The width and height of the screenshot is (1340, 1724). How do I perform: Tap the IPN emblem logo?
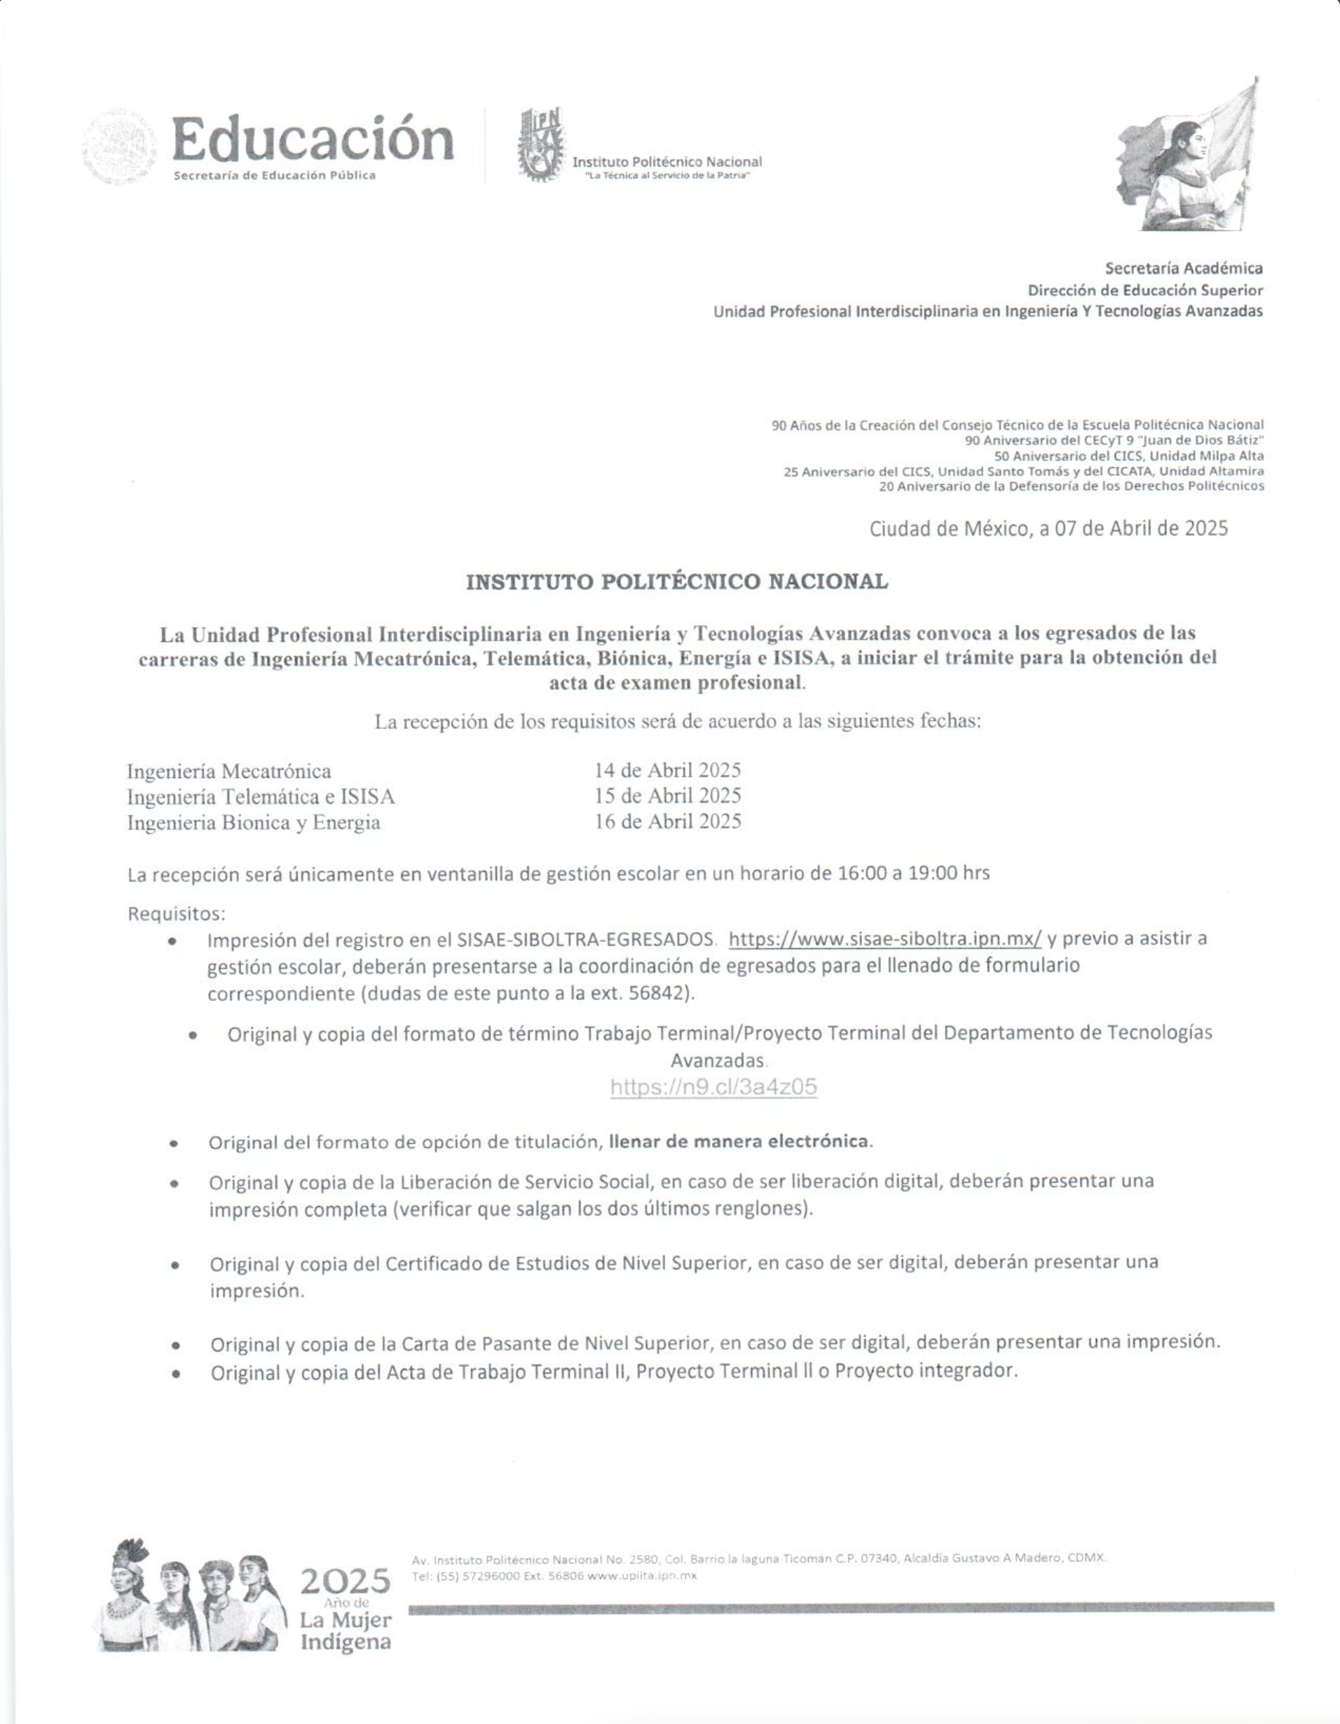[541, 145]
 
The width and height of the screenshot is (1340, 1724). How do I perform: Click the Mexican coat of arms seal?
[120, 148]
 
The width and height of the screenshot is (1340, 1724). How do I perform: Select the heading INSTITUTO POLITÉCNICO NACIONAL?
[677, 582]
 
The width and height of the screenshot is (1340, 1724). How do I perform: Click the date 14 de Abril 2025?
[667, 769]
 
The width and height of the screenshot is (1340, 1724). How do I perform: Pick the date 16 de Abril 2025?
[667, 822]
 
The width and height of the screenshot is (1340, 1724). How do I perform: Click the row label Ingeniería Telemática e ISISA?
[261, 797]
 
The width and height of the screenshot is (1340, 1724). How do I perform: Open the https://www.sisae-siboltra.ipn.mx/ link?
[884, 938]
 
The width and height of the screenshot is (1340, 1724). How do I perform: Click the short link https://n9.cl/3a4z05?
[713, 1087]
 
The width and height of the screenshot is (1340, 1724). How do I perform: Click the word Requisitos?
[176, 913]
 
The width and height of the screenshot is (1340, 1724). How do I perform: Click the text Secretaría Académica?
[1183, 268]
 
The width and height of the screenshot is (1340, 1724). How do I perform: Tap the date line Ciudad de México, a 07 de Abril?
[1048, 528]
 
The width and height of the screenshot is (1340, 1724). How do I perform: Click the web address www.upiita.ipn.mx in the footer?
[641, 1575]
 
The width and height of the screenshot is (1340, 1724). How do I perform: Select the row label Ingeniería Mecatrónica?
[229, 770]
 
